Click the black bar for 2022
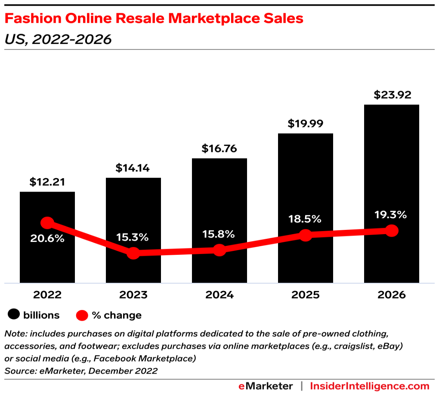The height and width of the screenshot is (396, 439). [47, 258]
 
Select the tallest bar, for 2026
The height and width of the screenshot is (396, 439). [391, 172]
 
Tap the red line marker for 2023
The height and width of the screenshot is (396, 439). [133, 253]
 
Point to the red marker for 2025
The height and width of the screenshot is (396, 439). [305, 235]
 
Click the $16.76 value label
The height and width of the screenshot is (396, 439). [219, 149]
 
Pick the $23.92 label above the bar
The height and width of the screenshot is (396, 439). [391, 95]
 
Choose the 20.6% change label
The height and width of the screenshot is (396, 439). [47, 238]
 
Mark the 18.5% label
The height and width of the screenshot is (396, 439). [305, 219]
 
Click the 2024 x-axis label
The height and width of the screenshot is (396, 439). [219, 295]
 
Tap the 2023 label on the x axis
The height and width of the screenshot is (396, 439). [133, 295]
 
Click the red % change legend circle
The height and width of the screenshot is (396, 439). [82, 315]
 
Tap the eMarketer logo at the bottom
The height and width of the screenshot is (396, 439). [266, 386]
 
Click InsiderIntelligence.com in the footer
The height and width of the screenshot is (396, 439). [370, 386]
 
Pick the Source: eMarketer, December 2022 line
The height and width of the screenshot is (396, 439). [80, 371]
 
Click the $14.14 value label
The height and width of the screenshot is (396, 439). [133, 168]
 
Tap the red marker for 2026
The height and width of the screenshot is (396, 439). [391, 231]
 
